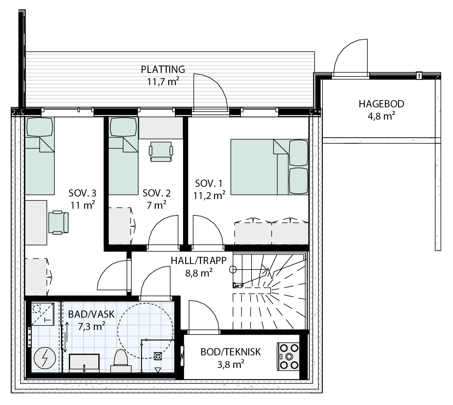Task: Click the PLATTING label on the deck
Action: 163,69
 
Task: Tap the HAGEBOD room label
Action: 381,104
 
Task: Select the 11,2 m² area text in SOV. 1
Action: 209,196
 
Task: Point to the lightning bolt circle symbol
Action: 45,358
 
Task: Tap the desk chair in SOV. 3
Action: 58,222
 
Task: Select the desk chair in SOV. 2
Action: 161,151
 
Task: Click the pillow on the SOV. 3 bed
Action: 40,127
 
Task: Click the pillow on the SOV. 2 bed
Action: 123,127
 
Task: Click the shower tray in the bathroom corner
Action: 42,314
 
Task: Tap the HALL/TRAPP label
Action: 198,261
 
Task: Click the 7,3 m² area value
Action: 91,327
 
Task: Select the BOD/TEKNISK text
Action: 230,352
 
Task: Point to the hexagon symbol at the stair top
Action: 233,269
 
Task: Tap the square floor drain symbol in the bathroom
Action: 158,356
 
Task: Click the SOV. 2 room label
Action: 157,193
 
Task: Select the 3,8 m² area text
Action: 230,365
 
